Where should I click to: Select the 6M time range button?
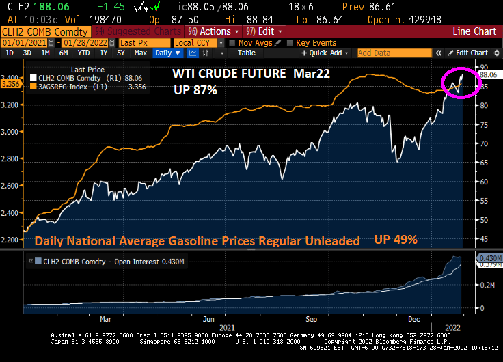63,53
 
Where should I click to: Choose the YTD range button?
83,53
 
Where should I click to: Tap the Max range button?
140,53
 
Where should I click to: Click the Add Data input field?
394,53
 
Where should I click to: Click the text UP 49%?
396,240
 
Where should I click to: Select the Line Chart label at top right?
473,31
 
